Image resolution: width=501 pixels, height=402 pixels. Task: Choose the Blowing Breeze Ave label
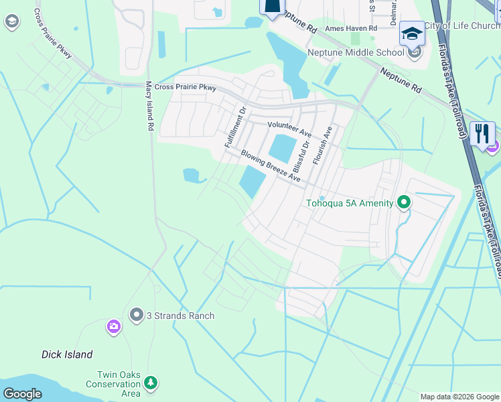coord(271,165)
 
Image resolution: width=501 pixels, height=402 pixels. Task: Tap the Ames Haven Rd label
coord(351,28)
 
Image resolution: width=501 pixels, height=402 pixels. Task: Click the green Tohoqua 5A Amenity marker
coord(403,202)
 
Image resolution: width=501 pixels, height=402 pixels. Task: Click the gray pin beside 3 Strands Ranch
coord(137,314)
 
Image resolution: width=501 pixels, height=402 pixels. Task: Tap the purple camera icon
coord(114,328)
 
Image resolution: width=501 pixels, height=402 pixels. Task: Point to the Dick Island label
coord(67,354)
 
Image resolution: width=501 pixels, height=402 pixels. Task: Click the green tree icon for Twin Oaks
coord(151,383)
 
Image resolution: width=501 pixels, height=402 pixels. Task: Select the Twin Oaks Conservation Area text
coord(113,384)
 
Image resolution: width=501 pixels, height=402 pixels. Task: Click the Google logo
coord(22,393)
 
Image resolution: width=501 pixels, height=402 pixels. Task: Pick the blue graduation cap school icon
coord(412,33)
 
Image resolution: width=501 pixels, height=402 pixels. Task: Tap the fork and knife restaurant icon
coord(482,133)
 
